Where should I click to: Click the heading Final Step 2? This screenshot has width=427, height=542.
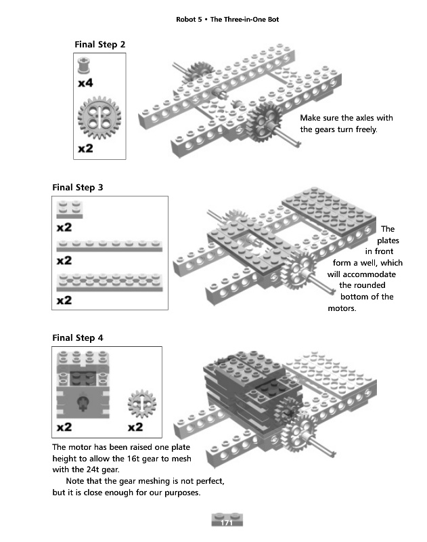[100, 45]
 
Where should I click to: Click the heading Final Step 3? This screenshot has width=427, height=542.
[78, 187]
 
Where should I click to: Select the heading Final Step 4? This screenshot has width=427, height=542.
[78, 337]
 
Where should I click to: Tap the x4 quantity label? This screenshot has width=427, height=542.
[85, 83]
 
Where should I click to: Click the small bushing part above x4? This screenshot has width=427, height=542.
[85, 66]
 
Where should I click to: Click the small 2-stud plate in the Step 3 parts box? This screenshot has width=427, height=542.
[69, 209]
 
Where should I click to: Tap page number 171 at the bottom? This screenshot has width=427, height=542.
[227, 520]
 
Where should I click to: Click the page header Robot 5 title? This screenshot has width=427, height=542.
[227, 19]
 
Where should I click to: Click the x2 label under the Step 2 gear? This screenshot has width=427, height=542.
[85, 148]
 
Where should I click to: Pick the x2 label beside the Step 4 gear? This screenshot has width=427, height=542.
[135, 427]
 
